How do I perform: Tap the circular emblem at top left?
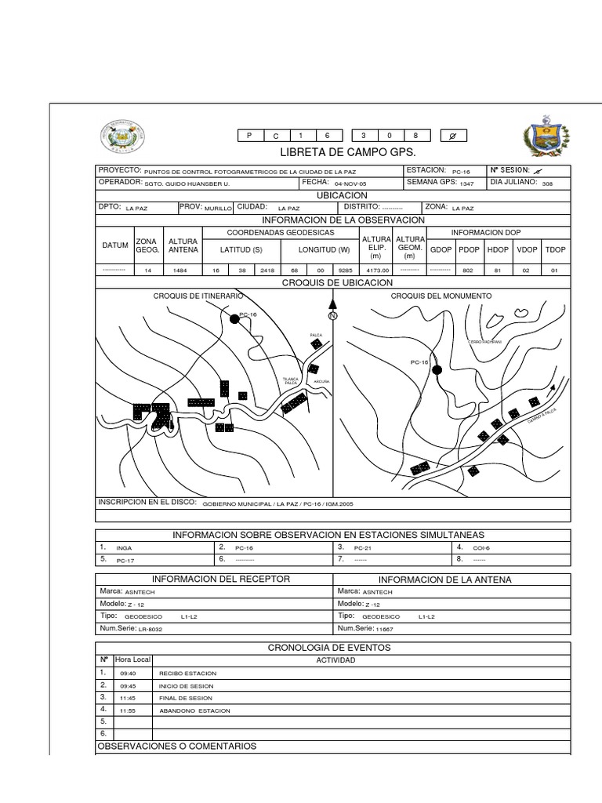[121, 140]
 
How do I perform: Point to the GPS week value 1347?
[467, 184]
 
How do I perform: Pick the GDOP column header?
[441, 249]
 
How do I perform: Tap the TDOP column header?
[555, 249]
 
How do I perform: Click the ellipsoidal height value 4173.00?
[375, 270]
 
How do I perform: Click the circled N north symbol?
[332, 316]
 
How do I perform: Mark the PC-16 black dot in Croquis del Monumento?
[437, 370]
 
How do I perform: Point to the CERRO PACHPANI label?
[485, 343]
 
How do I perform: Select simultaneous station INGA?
[124, 548]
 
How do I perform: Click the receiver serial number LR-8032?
[150, 630]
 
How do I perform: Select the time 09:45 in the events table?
[129, 687]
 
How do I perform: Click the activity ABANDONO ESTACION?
[194, 710]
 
